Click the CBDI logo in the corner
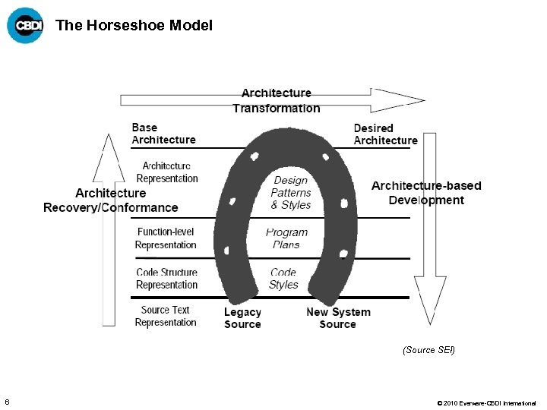point(25,25)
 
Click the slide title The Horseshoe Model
point(134,25)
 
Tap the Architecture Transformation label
point(277,100)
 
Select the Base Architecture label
point(163,134)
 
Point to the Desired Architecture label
point(385,134)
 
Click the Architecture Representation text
point(167,172)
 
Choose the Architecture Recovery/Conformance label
point(111,200)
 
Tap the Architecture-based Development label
point(426,193)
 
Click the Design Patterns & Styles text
point(291,193)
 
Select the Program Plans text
point(286,238)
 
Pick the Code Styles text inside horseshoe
point(283,279)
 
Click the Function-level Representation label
point(166,238)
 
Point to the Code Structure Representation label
point(166,279)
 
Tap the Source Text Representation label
point(166,316)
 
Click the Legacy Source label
point(242,318)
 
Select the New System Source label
point(338,318)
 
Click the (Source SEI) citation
point(428,350)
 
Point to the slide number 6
point(7,402)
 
